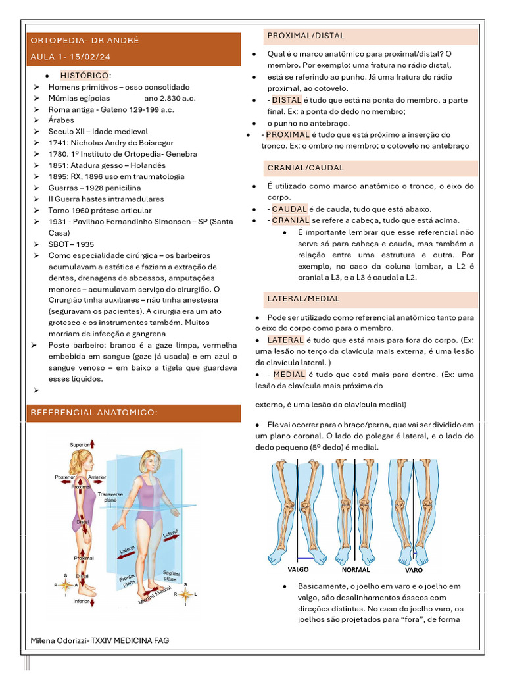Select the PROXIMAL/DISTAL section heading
coord(306,36)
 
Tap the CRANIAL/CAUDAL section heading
coord(306,168)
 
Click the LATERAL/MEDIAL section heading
coord(303,299)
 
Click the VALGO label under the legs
coord(299,569)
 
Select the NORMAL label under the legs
coord(356,570)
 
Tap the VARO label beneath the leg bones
coord(414,570)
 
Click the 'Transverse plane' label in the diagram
coord(110,496)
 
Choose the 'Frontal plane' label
coord(128,580)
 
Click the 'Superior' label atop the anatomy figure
coord(80,445)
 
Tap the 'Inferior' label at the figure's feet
coord(81,601)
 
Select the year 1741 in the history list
coord(58,143)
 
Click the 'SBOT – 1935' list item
coord(71,244)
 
